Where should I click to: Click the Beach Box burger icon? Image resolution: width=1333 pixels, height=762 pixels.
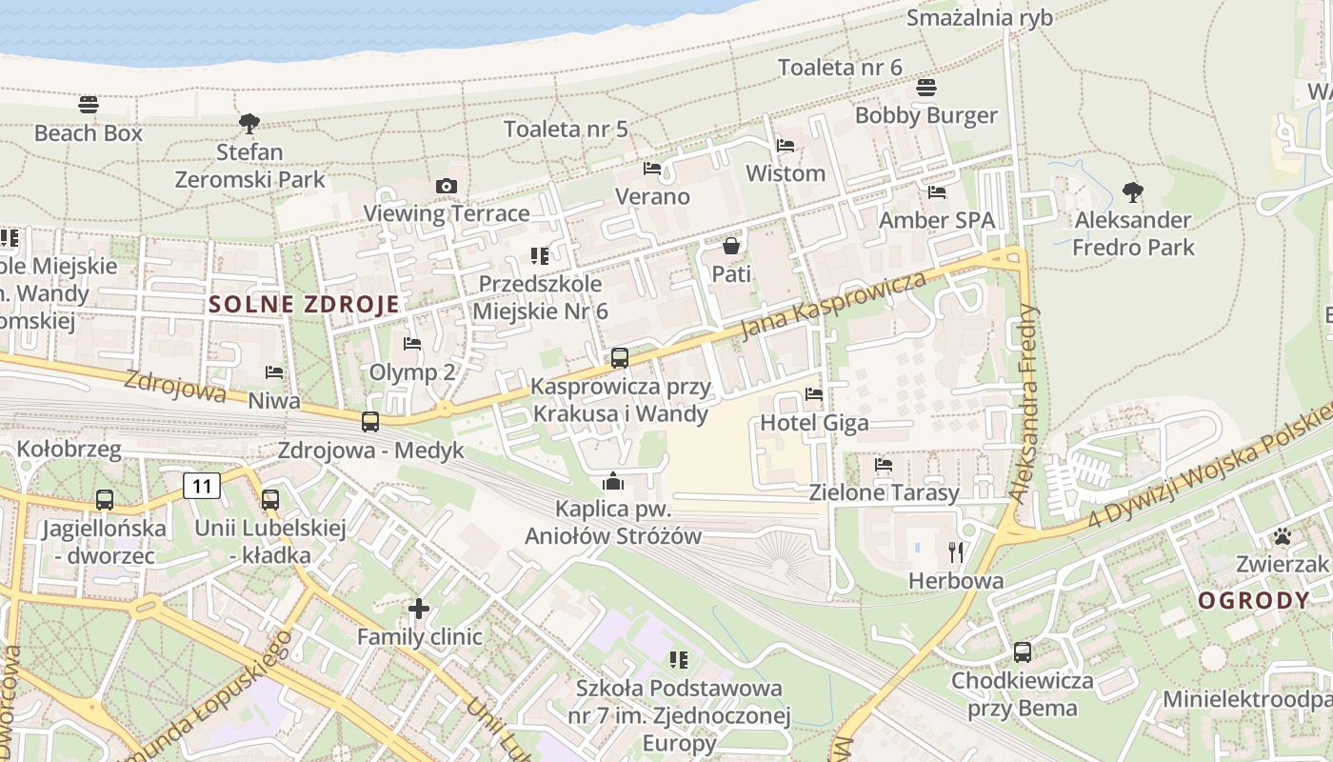[x=89, y=104]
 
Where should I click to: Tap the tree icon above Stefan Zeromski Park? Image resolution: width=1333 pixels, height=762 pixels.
[x=249, y=123]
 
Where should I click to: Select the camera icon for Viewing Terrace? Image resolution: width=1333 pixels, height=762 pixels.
[x=446, y=186]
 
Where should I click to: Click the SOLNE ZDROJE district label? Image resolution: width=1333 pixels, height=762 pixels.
[x=304, y=305]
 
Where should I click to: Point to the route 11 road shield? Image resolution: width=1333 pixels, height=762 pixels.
[x=202, y=486]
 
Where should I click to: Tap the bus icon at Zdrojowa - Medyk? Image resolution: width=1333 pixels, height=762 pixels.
[x=370, y=421]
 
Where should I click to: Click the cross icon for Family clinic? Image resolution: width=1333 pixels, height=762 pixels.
[x=419, y=608]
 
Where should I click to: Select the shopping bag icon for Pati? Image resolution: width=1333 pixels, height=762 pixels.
[x=731, y=246]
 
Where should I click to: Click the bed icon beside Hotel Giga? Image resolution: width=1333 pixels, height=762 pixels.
[x=813, y=393]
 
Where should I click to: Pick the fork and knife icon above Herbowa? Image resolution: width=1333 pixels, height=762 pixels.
[x=956, y=551]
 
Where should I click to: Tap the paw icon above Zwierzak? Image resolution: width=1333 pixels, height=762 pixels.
[x=1282, y=535]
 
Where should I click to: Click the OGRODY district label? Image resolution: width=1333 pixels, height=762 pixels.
[x=1253, y=601]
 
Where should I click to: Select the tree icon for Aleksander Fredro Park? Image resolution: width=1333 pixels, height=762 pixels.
[x=1132, y=191]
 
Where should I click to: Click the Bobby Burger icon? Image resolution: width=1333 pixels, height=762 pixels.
[x=926, y=88]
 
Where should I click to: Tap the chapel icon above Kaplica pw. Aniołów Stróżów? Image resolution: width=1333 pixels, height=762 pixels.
[x=613, y=480]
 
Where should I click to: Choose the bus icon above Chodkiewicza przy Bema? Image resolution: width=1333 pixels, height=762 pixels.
[x=1023, y=652]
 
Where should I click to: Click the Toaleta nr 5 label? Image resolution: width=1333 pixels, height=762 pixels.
[x=566, y=129]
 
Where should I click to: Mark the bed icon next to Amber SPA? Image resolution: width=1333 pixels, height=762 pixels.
[x=937, y=192]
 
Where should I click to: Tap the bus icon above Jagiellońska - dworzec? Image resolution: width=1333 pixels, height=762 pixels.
[x=105, y=499]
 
